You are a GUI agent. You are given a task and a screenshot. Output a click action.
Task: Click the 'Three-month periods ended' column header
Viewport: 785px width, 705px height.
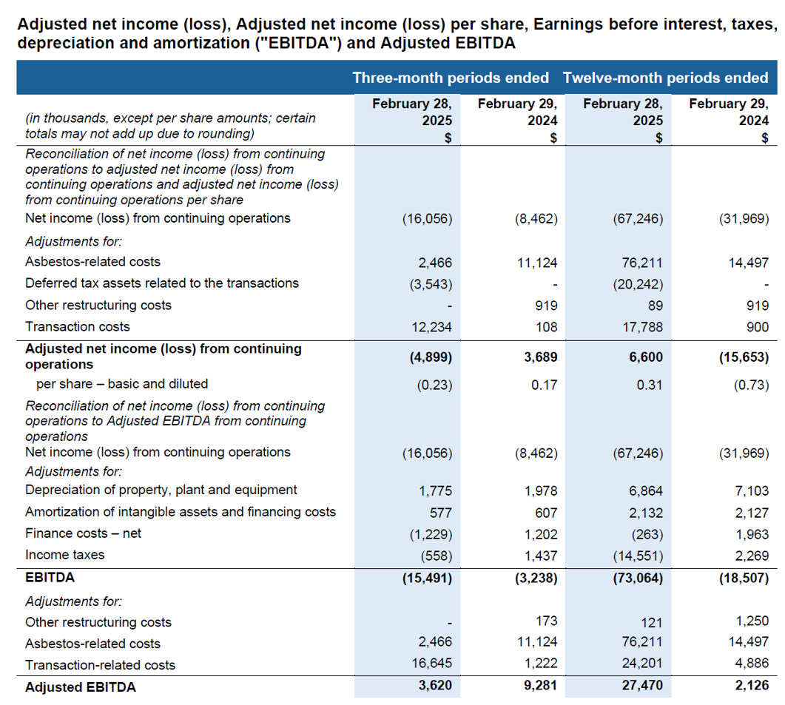(451, 78)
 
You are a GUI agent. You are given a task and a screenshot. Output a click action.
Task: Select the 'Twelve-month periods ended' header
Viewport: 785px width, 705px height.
(665, 78)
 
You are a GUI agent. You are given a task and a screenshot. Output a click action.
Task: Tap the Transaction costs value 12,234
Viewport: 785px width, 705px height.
(431, 327)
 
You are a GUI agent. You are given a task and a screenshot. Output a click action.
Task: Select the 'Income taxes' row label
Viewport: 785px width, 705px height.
(65, 555)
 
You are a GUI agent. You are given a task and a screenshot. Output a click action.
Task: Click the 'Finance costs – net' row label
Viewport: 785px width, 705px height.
(83, 533)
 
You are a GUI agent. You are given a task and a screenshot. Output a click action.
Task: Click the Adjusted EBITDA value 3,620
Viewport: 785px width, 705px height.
(434, 687)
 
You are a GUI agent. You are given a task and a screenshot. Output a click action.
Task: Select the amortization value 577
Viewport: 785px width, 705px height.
(440, 512)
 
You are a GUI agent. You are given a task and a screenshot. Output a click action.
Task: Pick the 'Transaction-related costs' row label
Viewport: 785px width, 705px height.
(100, 665)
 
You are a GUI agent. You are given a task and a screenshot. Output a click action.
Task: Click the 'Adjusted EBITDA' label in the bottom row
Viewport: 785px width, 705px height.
(81, 687)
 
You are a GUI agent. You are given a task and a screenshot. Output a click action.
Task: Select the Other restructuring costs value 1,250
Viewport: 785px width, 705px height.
(752, 621)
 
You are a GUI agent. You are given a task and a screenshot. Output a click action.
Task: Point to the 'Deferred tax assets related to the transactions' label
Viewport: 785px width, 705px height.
(162, 283)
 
